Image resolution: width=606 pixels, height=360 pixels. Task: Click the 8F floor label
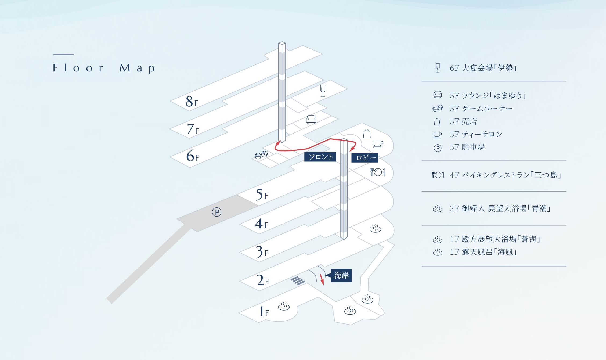(x=192, y=102)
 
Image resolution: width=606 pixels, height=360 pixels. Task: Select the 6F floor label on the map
(x=192, y=156)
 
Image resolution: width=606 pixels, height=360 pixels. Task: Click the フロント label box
(x=320, y=157)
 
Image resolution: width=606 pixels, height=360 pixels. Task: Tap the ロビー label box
(x=365, y=158)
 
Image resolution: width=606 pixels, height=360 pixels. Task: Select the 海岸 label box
(x=341, y=275)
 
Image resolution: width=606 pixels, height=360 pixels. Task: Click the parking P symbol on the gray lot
(x=217, y=212)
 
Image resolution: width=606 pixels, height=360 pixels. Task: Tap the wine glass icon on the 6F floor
(x=323, y=90)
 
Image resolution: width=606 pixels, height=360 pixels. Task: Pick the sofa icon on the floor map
(x=311, y=119)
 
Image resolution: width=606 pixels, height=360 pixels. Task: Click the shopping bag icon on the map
(x=367, y=134)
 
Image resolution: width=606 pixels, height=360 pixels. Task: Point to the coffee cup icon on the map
(x=378, y=144)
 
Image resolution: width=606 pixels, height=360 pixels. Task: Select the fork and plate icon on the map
(x=377, y=172)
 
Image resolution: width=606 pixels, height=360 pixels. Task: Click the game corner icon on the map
(x=261, y=155)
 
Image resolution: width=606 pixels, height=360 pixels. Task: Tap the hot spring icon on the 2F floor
(x=375, y=228)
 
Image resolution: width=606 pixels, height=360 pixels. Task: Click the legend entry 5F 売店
(x=463, y=121)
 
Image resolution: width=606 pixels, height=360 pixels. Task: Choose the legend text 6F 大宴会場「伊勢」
(x=483, y=68)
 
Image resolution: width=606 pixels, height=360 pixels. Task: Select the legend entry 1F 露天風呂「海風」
(x=483, y=252)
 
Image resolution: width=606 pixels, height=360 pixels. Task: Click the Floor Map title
(x=104, y=68)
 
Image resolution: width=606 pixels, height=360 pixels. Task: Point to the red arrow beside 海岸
(x=322, y=279)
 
